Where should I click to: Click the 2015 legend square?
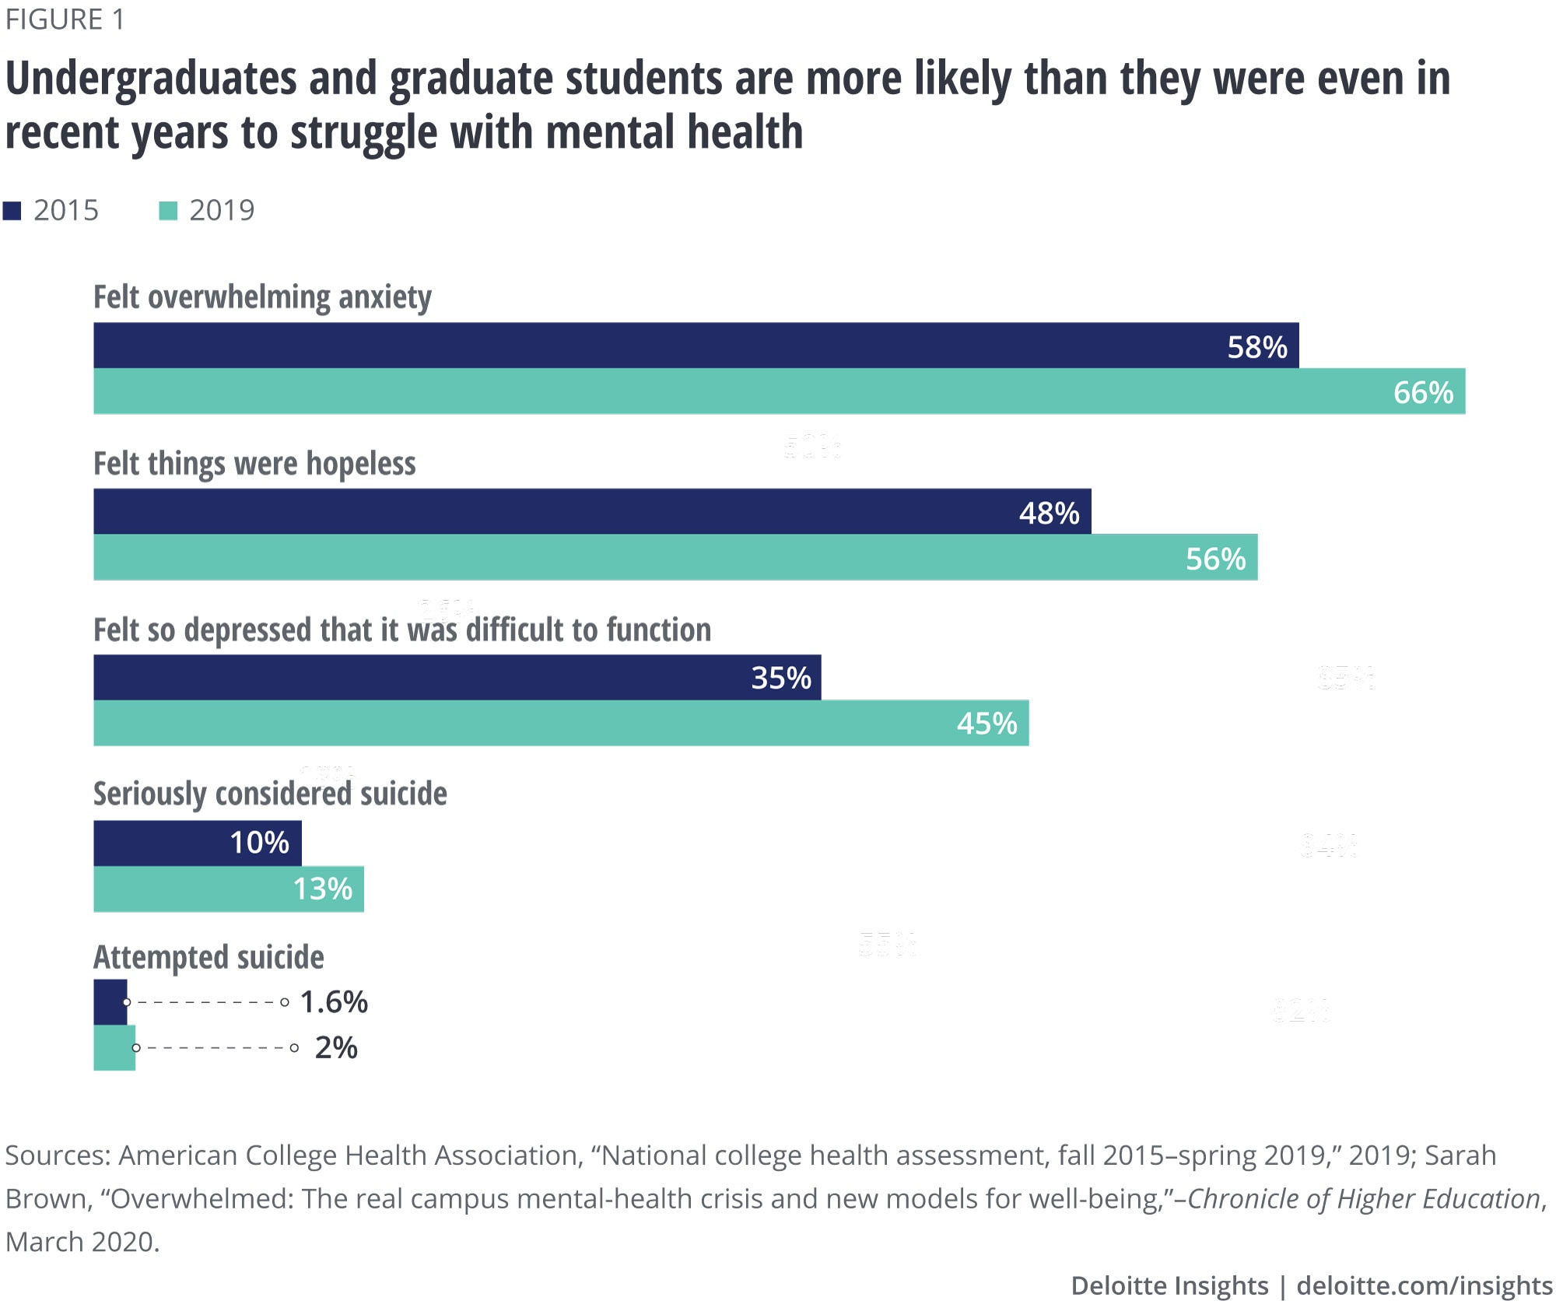coord(12,211)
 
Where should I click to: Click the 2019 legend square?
coord(168,211)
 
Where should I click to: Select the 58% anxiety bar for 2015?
coord(696,345)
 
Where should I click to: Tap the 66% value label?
coord(1423,392)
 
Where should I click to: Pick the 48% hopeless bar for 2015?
coord(591,511)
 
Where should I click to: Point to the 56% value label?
coord(1215,559)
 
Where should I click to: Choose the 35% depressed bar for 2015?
coord(457,677)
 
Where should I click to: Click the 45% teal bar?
coord(560,723)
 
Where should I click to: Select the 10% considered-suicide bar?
coord(197,843)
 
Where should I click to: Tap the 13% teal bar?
coord(228,889)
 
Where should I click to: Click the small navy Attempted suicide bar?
coord(110,1001)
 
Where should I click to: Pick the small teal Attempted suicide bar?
coord(114,1047)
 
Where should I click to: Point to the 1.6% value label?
coord(334,1002)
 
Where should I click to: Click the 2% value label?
coord(336,1048)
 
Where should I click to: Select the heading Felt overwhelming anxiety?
coord(262,297)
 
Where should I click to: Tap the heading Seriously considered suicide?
coord(270,794)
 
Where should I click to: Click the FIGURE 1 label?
coord(65,19)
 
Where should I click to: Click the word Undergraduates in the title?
coord(151,79)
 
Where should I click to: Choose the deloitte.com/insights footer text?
coord(1424,1285)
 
